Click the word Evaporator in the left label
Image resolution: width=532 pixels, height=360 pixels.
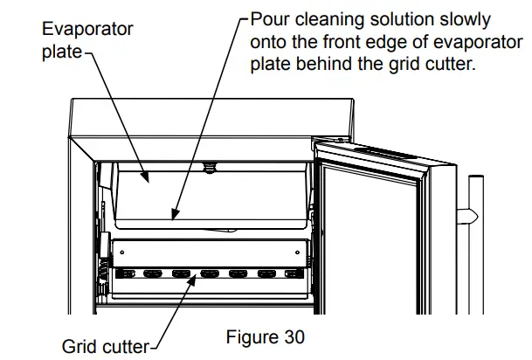[x=88, y=29]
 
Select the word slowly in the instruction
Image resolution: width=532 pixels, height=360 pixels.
[x=462, y=19]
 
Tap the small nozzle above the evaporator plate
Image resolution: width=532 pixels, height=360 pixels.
[x=209, y=163]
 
